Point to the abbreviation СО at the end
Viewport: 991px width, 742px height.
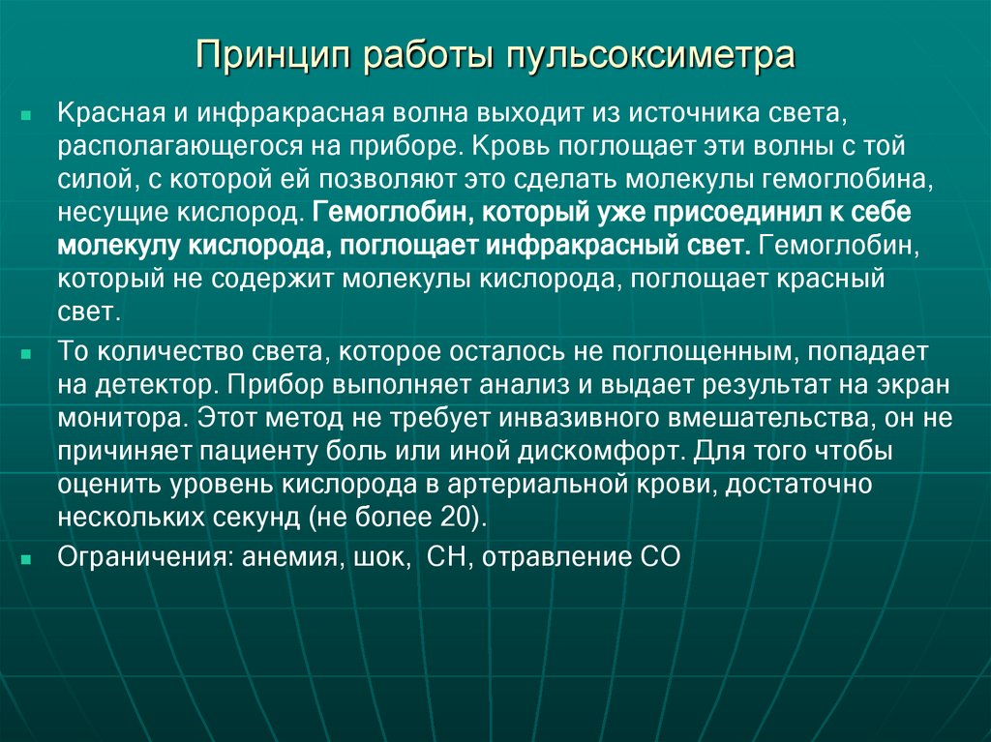(x=662, y=558)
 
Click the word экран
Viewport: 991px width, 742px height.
(x=915, y=385)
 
